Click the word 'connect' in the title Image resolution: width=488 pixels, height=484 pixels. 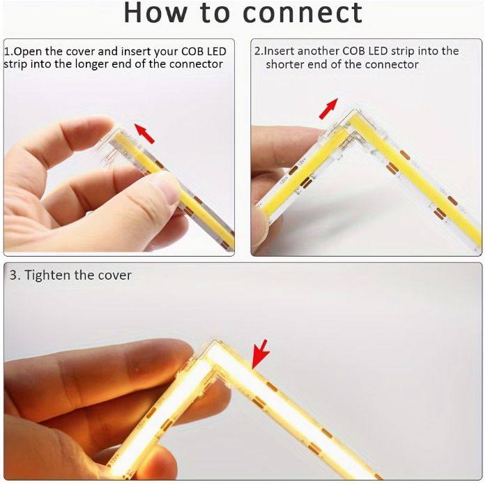(302, 13)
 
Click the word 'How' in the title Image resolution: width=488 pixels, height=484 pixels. (155, 13)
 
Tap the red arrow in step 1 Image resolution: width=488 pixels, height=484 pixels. (144, 133)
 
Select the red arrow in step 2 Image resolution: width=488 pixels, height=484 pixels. (328, 108)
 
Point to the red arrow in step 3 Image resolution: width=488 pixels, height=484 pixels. (260, 354)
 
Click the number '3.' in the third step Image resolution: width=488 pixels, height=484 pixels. (15, 275)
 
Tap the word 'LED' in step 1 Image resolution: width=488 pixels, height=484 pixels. (216, 52)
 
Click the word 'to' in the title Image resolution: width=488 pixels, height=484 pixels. (215, 13)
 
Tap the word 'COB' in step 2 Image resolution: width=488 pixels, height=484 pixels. (353, 51)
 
